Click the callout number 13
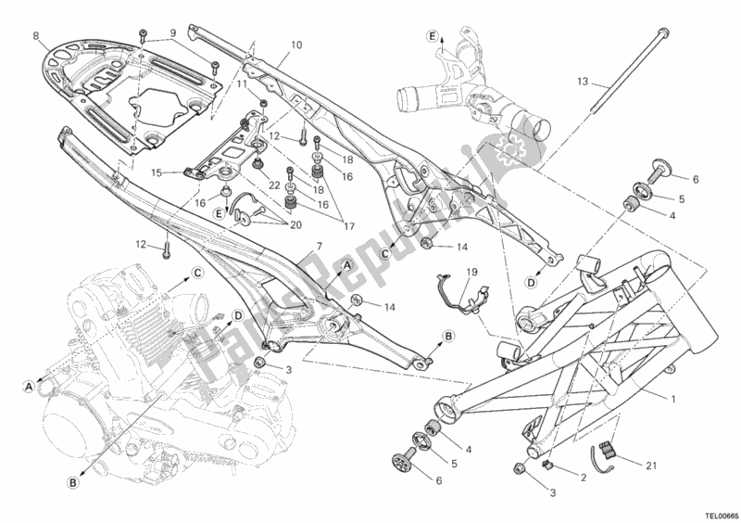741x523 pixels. [582, 82]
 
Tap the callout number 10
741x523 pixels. [296, 44]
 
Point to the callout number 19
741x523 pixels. [471, 272]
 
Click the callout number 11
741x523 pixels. [242, 84]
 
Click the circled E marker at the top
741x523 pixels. [432, 36]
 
